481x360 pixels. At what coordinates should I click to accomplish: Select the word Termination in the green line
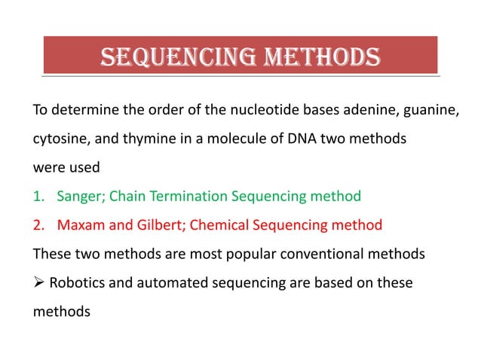tap(185, 197)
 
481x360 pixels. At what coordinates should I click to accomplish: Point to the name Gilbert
tap(158, 224)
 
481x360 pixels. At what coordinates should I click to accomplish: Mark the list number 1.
tap(37, 197)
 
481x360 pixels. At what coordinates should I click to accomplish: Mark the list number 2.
tap(37, 224)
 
